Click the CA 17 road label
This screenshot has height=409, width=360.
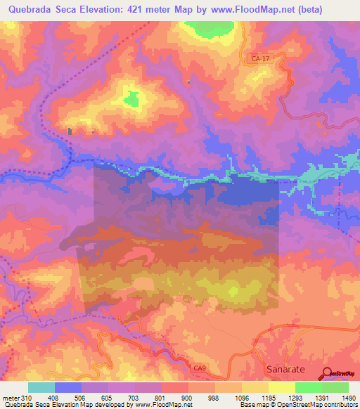tap(260, 60)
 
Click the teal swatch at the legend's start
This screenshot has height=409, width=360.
tap(41, 387)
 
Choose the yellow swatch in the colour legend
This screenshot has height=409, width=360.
tap(281, 387)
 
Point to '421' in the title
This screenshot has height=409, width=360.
tap(167, 9)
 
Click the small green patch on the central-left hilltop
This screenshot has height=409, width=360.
tap(131, 100)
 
